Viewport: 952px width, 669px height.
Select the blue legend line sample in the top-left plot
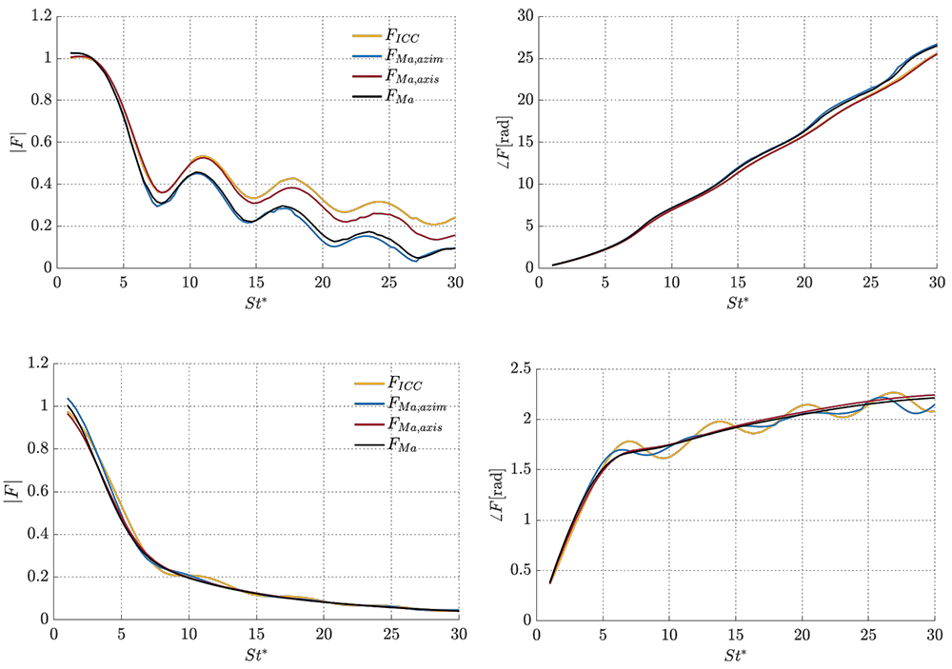[366, 57]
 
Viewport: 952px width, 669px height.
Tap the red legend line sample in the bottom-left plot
[368, 424]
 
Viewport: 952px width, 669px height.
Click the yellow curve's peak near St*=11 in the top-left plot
[202, 156]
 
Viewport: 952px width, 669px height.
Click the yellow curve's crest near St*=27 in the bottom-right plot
[894, 392]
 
